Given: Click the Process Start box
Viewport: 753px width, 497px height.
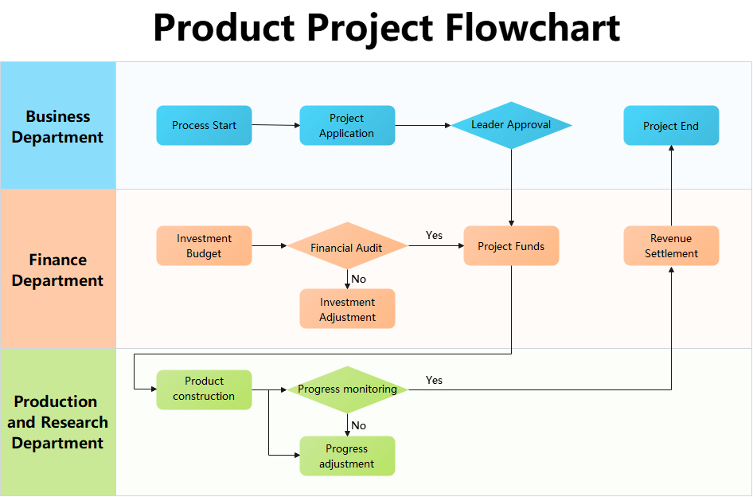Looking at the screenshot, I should coord(204,125).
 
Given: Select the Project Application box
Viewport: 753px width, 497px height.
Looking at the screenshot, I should coord(347,125).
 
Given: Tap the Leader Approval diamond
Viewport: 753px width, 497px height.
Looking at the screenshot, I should coord(511,125).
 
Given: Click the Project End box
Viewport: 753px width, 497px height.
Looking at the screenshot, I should coord(671,125).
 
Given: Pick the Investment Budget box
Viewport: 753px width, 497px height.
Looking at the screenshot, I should coord(204,245).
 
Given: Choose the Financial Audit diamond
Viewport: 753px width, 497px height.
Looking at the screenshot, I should coord(347,246).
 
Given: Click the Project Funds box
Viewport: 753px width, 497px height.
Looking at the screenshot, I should coord(511,245).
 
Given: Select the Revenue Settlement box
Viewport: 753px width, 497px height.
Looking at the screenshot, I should coord(671,245).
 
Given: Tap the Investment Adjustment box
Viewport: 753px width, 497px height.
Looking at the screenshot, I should coord(347,309).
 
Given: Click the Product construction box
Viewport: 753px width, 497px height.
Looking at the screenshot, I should coord(204,389).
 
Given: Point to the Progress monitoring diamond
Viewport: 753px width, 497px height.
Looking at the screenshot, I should coord(347,389).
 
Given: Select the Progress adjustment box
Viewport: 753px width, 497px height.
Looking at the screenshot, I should coord(347,456).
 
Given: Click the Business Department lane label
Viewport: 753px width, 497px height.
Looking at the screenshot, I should coord(58,127).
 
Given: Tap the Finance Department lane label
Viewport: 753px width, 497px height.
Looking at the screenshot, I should coord(58,270).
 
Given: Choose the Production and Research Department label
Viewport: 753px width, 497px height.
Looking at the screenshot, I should coord(58,422).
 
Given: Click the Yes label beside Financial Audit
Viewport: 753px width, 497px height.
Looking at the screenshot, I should coord(434,235).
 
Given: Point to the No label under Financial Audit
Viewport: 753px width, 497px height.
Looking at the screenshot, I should coord(359,279).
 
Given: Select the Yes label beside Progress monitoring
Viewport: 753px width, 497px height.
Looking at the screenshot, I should coord(434,380).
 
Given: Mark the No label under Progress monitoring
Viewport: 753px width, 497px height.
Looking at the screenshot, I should coord(359,425).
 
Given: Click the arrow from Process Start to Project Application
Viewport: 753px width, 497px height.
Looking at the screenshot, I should coord(275,125).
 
